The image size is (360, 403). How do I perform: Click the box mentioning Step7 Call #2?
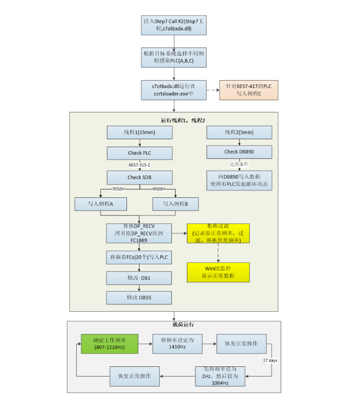tap(174, 25)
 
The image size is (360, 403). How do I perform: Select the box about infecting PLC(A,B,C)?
tap(174, 57)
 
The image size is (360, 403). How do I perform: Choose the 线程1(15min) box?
tap(140, 132)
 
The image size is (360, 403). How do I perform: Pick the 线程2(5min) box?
tap(239, 132)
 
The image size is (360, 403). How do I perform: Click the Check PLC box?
tap(140, 153)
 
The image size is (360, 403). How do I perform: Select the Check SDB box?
tap(140, 177)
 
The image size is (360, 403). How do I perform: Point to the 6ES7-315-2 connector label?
tap(140, 165)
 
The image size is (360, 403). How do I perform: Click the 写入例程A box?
tap(101, 203)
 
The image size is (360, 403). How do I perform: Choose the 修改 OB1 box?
tap(139, 278)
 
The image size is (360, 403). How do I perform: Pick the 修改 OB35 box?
tap(139, 297)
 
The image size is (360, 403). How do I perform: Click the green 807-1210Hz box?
tap(109, 343)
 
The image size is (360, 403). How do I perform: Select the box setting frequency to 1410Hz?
tap(177, 343)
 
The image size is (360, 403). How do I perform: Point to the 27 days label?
tap(270, 361)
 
